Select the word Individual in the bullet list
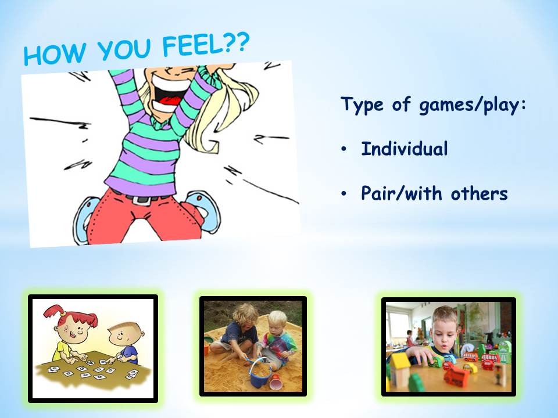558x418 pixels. pos(405,149)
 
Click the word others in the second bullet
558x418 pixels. pos(479,194)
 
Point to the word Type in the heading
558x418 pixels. pos(362,105)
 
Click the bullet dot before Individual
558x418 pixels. pos(344,149)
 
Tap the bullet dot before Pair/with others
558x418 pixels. pos(344,194)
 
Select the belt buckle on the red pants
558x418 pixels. pos(141,199)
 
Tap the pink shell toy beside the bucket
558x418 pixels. pos(276,384)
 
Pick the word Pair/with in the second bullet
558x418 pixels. pos(402,194)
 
